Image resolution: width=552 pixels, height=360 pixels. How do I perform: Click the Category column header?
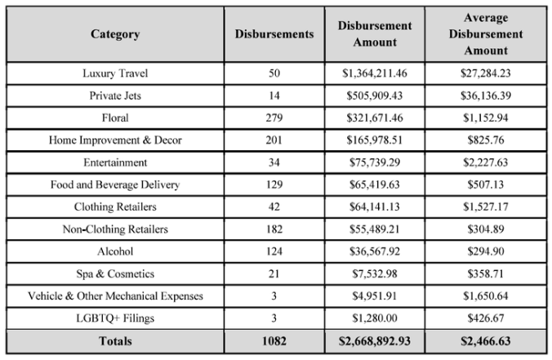pyautogui.click(x=115, y=34)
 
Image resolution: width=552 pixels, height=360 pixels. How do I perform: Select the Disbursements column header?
pyautogui.click(x=274, y=34)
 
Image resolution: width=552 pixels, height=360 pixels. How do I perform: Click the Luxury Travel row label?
pyautogui.click(x=115, y=73)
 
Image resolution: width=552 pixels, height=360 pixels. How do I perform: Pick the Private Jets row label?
pyautogui.click(x=115, y=96)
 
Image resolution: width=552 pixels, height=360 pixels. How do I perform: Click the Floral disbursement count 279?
pyautogui.click(x=274, y=118)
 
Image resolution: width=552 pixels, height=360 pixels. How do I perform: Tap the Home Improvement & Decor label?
pyautogui.click(x=115, y=140)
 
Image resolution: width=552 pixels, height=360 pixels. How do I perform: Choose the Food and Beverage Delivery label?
pyautogui.click(x=115, y=184)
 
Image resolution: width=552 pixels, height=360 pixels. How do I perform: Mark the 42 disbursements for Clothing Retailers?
pyautogui.click(x=274, y=207)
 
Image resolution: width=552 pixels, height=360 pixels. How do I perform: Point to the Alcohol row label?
pyautogui.click(x=115, y=251)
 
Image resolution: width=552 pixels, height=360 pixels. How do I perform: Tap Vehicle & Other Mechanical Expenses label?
pyautogui.click(x=115, y=296)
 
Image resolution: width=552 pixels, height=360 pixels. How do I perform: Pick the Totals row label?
pyautogui.click(x=115, y=340)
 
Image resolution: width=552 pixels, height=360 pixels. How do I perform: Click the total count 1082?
pyautogui.click(x=274, y=340)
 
